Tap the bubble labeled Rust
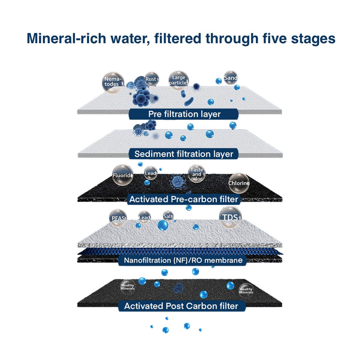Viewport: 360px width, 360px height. (x=152, y=79)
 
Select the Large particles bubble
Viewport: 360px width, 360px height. (x=178, y=80)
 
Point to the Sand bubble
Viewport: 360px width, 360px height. (x=230, y=77)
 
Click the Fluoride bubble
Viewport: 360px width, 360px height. (x=122, y=175)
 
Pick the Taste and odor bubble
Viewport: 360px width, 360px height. (x=197, y=174)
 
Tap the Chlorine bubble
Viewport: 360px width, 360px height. (x=239, y=183)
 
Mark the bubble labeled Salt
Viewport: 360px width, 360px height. (x=168, y=216)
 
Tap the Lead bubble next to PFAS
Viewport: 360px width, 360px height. (x=144, y=217)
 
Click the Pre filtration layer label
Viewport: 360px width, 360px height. (x=184, y=114)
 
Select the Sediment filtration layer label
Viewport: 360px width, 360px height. (x=184, y=154)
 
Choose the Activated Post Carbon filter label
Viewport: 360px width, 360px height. (x=181, y=306)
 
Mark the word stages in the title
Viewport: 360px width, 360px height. (x=311, y=39)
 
